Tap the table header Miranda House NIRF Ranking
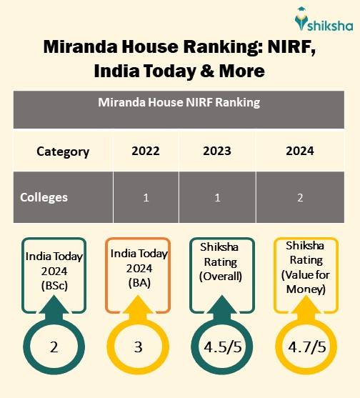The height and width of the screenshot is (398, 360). tap(179, 102)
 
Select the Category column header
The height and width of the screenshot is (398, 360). tap(63, 151)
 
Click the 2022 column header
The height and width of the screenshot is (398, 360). tap(146, 151)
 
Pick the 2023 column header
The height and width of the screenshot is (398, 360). tap(218, 151)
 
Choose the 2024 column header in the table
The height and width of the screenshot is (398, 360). tap(299, 151)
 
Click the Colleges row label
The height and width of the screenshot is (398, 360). tap(44, 197)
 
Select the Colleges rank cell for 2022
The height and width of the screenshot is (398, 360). tap(146, 197)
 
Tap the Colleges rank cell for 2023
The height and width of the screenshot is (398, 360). tap(218, 197)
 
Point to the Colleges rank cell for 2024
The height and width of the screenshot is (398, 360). tap(299, 197)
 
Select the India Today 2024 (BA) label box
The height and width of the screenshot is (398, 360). tap(139, 271)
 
